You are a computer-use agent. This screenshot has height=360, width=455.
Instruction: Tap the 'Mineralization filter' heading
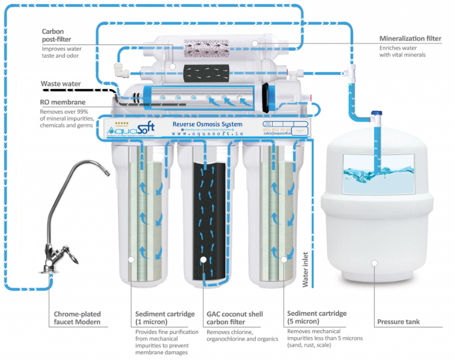pos(410,38)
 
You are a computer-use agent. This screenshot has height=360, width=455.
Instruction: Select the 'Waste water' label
pos(61,84)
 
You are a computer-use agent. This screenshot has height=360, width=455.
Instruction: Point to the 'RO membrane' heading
pos(61,103)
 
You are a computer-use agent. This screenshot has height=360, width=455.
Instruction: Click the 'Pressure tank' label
pos(398,322)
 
